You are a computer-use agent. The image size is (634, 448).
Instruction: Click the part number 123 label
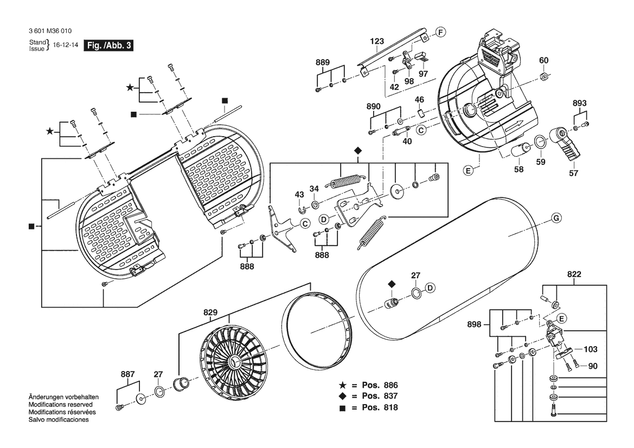click(377, 41)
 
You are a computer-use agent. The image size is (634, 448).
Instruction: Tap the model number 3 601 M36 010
click(50, 32)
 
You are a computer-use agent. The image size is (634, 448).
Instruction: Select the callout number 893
click(580, 103)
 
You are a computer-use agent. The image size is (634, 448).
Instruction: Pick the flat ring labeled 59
click(541, 142)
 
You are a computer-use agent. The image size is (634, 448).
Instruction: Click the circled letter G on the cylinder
click(555, 218)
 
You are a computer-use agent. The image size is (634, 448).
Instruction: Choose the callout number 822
click(574, 275)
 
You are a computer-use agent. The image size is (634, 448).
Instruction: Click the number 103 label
click(590, 350)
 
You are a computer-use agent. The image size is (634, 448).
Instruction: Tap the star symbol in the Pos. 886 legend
click(343, 385)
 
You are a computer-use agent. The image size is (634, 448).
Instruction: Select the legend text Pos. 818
click(380, 407)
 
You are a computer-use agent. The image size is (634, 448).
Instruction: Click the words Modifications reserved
click(60, 405)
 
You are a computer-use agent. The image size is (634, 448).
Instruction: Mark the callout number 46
click(419, 99)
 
